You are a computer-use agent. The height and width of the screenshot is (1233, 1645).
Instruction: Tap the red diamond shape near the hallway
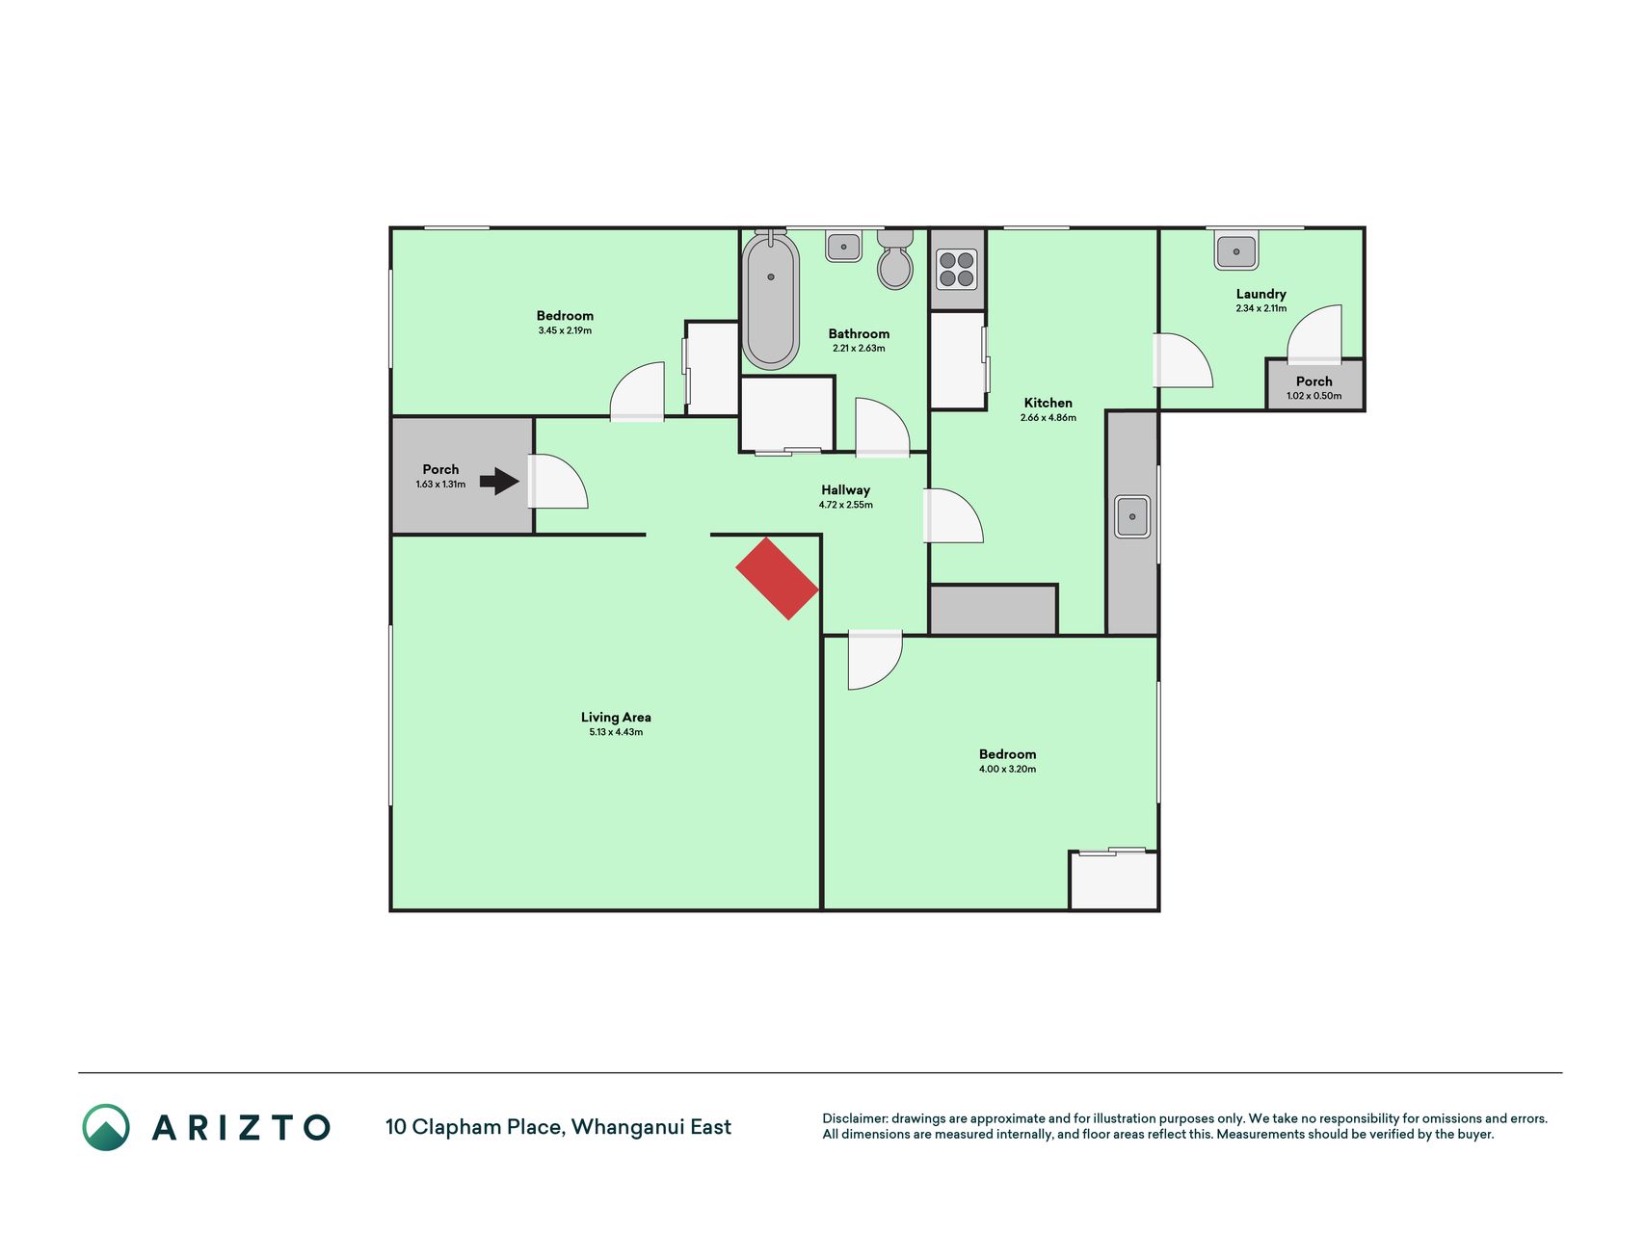coord(778,578)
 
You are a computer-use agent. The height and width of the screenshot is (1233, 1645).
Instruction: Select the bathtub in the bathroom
coord(771,300)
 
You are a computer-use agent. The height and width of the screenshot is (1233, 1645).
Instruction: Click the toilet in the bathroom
coord(895,259)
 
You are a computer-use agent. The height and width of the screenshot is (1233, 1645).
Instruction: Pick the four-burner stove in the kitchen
coord(957,270)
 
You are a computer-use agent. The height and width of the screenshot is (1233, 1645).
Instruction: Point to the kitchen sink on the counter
coord(1132,516)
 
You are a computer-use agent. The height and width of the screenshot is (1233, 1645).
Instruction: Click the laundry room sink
coord(1236,251)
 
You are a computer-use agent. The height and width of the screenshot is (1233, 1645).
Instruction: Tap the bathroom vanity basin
coord(843,247)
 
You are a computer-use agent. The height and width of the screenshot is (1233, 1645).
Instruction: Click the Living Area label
coord(616,717)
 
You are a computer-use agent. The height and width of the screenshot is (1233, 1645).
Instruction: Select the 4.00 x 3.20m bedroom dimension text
coord(1007,769)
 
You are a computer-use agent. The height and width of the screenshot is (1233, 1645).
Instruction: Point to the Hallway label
coord(845,489)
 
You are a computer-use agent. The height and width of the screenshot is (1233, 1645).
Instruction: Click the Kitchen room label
coord(1048,403)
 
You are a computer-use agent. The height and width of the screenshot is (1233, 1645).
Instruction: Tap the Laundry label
coord(1260,294)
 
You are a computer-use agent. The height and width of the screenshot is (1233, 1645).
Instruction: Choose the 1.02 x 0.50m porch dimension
coord(1313,396)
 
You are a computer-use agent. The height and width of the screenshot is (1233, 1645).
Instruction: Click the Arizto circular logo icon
coord(106,1127)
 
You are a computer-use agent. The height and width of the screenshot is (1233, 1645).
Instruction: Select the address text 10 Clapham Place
coord(474,1127)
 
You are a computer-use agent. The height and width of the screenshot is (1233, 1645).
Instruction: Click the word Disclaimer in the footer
coord(855,1118)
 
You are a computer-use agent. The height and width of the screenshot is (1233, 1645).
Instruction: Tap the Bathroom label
coord(859,333)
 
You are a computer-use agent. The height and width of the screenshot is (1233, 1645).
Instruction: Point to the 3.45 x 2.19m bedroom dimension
coord(565,330)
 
